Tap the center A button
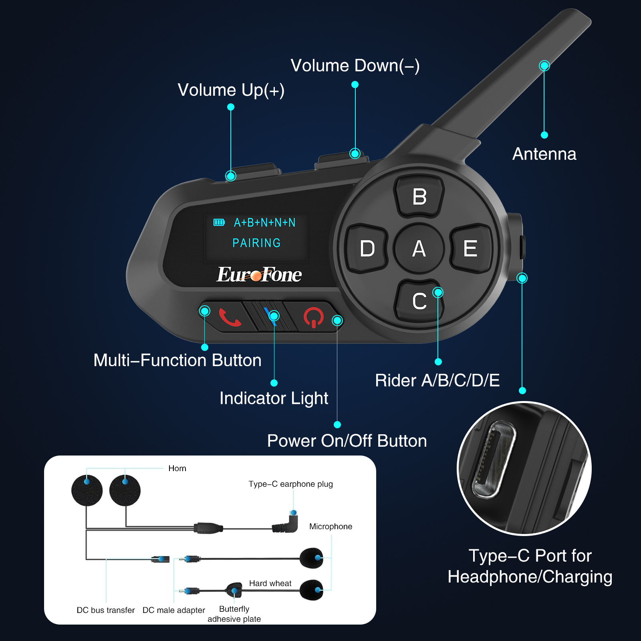(419, 248)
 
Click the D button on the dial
(367, 248)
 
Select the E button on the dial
(471, 248)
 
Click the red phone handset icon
(230, 317)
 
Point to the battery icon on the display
(219, 222)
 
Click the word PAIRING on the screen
(256, 243)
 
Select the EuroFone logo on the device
(259, 274)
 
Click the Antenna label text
(544, 154)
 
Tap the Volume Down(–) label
(355, 66)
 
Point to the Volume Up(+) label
(231, 90)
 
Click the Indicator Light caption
(274, 398)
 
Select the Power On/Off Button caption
(347, 441)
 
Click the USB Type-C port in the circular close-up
(494, 459)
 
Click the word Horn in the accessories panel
(177, 468)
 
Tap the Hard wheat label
(270, 583)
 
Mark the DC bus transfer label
(106, 610)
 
